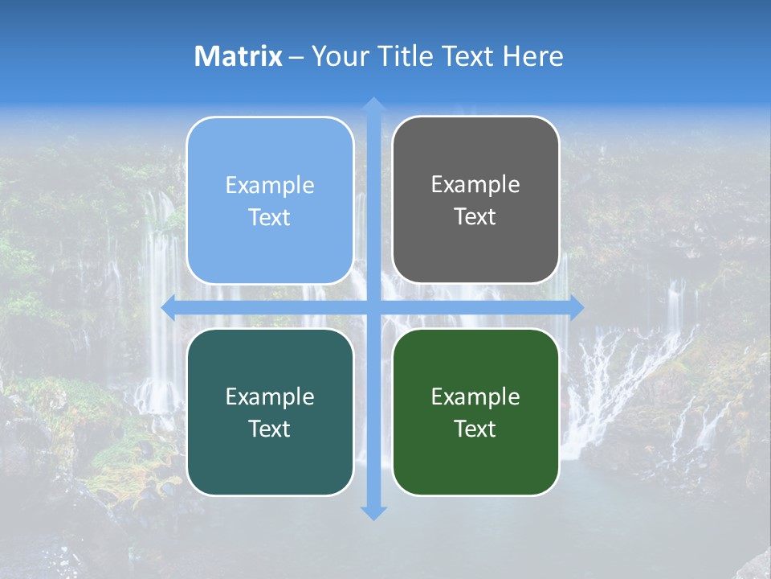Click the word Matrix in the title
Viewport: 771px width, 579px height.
239,56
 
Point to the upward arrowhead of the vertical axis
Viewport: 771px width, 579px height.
373,105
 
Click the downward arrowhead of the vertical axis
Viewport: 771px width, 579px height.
373,512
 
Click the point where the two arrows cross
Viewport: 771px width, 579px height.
373,308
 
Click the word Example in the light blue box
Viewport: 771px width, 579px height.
270,186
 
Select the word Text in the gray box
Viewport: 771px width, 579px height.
475,217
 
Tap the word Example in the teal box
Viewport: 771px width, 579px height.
270,397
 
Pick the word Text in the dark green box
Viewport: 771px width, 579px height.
475,429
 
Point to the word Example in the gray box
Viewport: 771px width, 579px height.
475,185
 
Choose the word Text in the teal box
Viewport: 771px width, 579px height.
270,429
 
